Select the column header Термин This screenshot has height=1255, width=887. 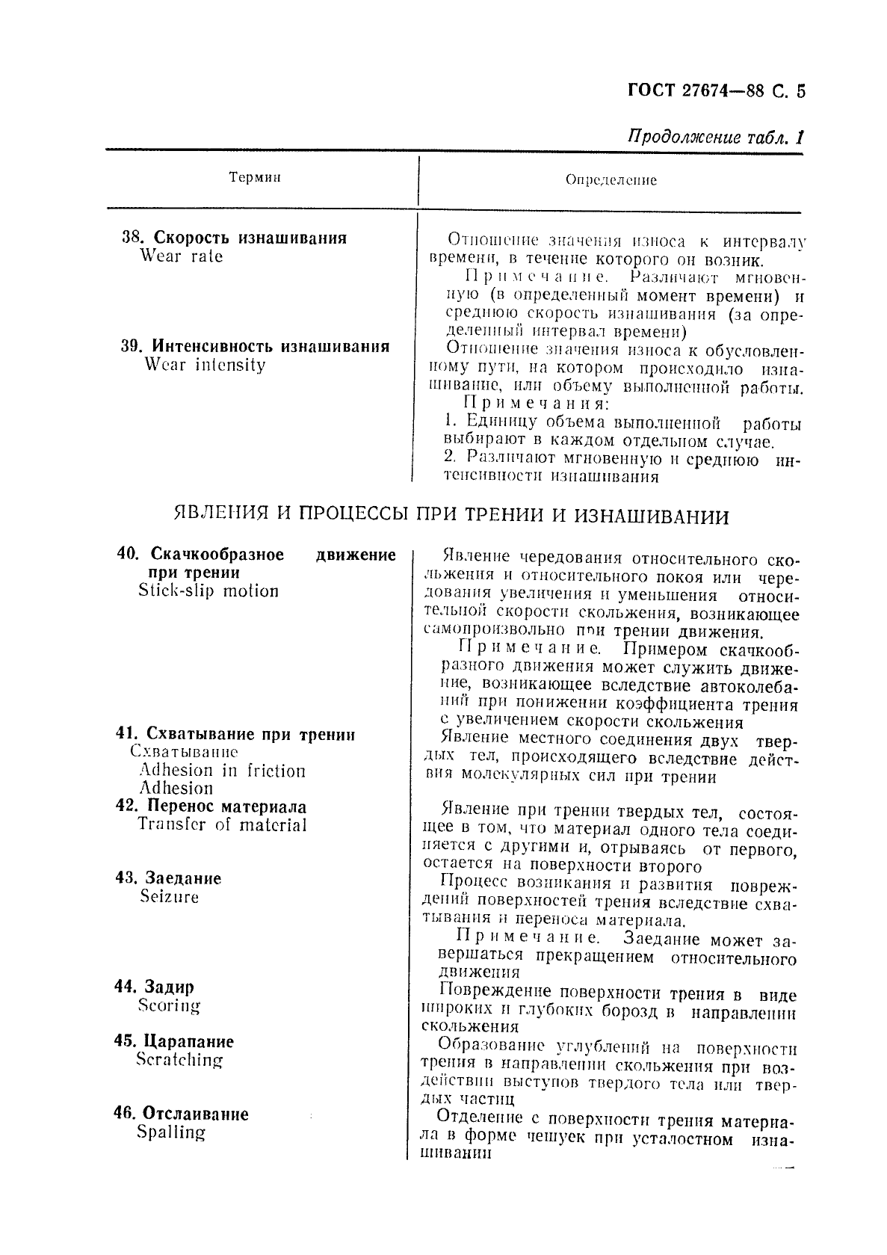pos(255,177)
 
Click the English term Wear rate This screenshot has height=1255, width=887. pos(181,256)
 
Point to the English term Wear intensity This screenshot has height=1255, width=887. pos(205,365)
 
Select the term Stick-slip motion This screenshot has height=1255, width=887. pos(208,591)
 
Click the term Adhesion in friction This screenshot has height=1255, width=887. pos(222,771)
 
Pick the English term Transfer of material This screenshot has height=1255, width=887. pos(222,824)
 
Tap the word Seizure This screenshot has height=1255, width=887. pos(170,896)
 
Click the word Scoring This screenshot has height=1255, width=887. pos(170,1005)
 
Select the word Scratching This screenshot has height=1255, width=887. pos(179,1060)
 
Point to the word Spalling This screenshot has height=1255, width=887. pos(170,1132)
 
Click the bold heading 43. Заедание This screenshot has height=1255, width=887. pos(169,878)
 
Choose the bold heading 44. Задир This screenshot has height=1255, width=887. pos(154,987)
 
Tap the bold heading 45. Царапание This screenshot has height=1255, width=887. pos(174,1041)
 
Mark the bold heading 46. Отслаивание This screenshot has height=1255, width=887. pos(181,1114)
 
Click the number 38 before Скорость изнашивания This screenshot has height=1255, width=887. pos(131,238)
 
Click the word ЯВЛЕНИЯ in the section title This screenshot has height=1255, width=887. pos(217,516)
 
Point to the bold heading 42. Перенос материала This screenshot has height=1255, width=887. pos(211,807)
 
